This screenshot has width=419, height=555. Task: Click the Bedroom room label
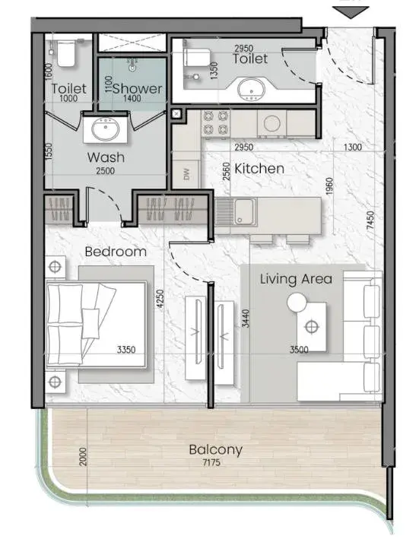pyautogui.click(x=116, y=252)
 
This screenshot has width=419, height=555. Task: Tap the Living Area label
pyautogui.click(x=297, y=279)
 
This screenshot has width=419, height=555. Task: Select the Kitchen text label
pyautogui.click(x=259, y=169)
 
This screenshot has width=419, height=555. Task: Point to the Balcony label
pyautogui.click(x=215, y=449)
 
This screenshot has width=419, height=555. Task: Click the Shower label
pyautogui.click(x=138, y=88)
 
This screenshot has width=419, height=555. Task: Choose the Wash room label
pyautogui.click(x=106, y=157)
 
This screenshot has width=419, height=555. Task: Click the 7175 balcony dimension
pyautogui.click(x=211, y=462)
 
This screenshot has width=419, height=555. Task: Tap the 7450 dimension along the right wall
pyautogui.click(x=370, y=220)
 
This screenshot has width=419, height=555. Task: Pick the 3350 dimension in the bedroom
pyautogui.click(x=126, y=350)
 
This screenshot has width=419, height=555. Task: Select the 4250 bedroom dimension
pyautogui.click(x=160, y=298)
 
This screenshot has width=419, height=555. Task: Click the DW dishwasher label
pyautogui.click(x=186, y=173)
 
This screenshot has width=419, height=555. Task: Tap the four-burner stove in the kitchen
pyautogui.click(x=215, y=123)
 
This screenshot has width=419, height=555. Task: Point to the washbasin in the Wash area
pyautogui.click(x=105, y=129)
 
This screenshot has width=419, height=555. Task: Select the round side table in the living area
pyautogui.click(x=297, y=303)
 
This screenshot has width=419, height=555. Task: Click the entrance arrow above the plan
pyautogui.click(x=351, y=12)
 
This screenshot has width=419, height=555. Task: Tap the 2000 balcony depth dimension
pyautogui.click(x=83, y=457)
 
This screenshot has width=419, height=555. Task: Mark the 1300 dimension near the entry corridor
pyautogui.click(x=353, y=147)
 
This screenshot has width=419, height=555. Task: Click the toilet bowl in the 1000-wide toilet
pyautogui.click(x=66, y=53)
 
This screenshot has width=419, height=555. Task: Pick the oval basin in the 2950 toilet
pyautogui.click(x=251, y=89)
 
